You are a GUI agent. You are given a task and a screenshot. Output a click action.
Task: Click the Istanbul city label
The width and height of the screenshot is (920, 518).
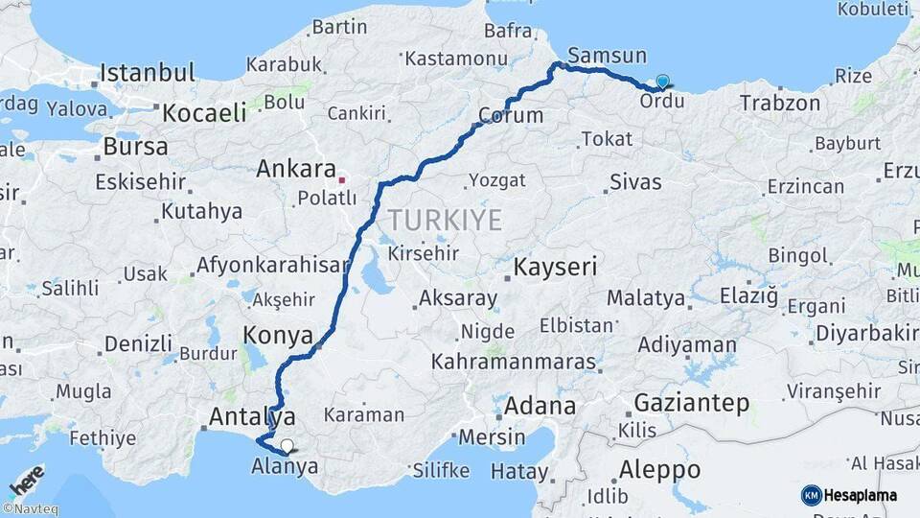pyautogui.click(x=148, y=73)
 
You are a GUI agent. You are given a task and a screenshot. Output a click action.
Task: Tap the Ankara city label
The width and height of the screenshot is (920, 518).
pyautogui.click(x=295, y=170)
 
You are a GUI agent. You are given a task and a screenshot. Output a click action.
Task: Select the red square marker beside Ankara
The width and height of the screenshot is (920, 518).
pyautogui.click(x=342, y=179)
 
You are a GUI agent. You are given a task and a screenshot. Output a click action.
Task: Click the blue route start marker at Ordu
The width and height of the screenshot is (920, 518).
pyautogui.click(x=662, y=82)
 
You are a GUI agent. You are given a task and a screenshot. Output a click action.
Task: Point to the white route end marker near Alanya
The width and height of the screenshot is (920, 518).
pyautogui.click(x=287, y=445)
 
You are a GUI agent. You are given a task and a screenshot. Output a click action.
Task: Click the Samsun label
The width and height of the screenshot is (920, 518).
pyautogui.click(x=607, y=56)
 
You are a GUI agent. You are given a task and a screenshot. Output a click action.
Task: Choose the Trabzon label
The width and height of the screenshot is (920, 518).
pyautogui.click(x=780, y=102)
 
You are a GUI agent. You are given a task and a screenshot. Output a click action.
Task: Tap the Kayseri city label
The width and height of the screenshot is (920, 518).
pyautogui.click(x=557, y=267)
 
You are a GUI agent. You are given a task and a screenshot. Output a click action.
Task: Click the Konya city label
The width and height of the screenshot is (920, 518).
pyautogui.click(x=279, y=336)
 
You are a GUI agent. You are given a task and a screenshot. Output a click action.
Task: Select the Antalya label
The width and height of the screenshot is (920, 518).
pyautogui.click(x=252, y=416)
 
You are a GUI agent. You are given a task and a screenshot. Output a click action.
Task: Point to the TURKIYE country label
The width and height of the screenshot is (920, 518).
pyautogui.click(x=445, y=221)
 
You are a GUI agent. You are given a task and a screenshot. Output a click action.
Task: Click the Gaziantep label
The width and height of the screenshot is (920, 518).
pyautogui.click(x=692, y=403)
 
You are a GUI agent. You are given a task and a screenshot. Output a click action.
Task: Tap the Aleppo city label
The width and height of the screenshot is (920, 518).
pyautogui.click(x=659, y=471)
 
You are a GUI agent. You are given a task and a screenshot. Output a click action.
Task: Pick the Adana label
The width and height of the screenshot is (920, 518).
pyautogui.click(x=540, y=406)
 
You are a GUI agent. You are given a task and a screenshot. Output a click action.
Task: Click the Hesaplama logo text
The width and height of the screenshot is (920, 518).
pyautogui.click(x=860, y=495)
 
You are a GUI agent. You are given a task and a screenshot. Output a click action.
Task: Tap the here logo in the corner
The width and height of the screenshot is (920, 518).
pyautogui.click(x=27, y=480)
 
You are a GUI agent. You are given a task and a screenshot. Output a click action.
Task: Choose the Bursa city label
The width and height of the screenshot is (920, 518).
pyautogui.click(x=135, y=148)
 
